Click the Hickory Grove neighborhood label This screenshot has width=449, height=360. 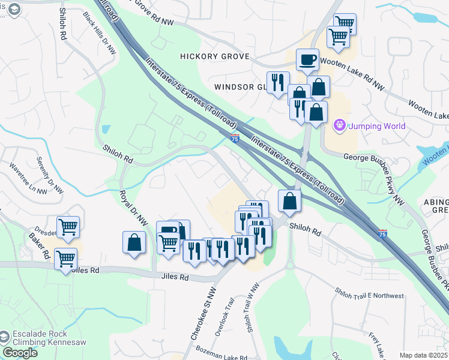pos(206,56)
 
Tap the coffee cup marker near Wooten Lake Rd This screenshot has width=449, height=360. pos(307,59)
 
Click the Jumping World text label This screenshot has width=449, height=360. pos(378,126)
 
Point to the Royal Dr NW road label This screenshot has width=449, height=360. pos(133,208)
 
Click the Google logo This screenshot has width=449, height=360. pos(20,353)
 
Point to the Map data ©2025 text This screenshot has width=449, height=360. pos(423,355)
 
